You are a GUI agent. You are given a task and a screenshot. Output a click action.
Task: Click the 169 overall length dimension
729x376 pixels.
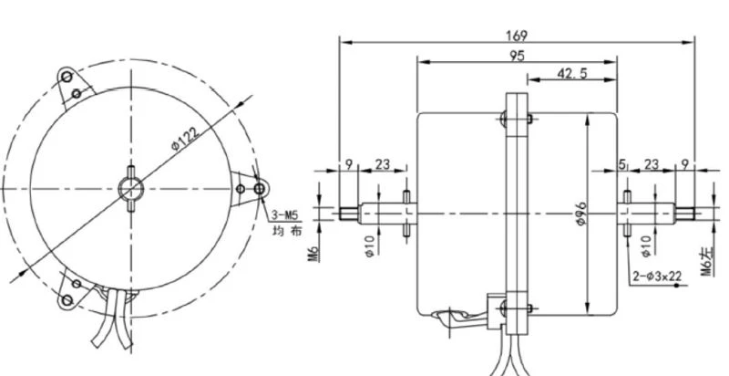[517, 36]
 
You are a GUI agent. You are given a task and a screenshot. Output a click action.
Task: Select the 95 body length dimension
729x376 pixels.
[517, 56]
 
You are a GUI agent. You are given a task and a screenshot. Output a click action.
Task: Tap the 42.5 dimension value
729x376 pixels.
[572, 73]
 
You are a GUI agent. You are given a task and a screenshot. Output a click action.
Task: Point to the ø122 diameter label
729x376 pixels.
[186, 138]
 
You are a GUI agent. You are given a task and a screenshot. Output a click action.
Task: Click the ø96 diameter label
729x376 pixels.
[581, 214]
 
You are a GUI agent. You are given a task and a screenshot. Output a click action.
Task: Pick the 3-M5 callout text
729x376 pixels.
[284, 215]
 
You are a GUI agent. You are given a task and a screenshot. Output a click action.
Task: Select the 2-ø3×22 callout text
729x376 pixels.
[657, 277]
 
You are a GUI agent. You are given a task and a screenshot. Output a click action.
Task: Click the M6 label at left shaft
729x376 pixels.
[313, 254]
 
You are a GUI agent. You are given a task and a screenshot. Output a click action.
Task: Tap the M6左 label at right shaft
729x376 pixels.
[707, 262]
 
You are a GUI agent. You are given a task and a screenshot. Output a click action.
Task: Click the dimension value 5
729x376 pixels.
[622, 164]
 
